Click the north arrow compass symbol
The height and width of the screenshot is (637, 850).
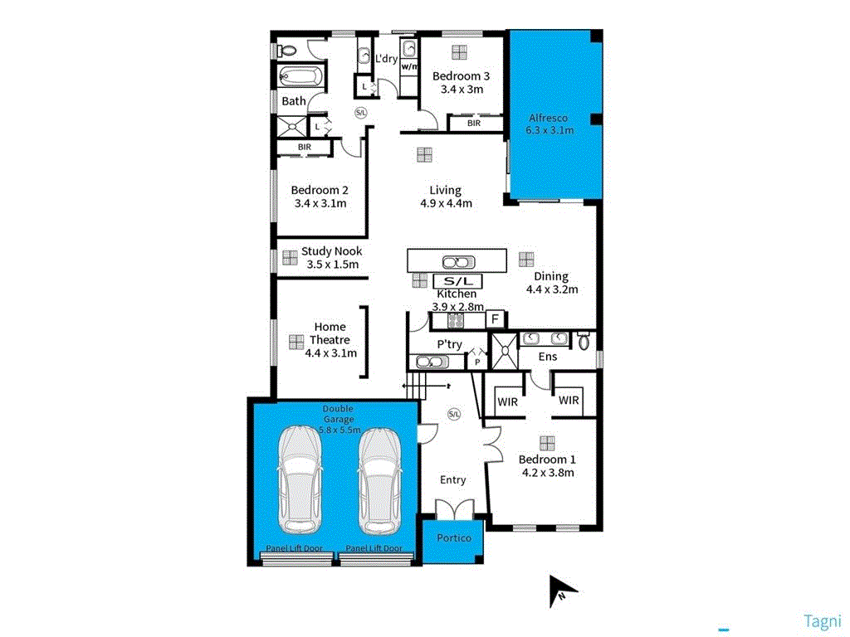[x=562, y=591]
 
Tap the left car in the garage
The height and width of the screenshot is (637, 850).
[x=300, y=480]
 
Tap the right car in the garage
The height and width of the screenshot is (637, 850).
[x=379, y=480]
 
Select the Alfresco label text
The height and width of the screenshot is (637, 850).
[x=547, y=119]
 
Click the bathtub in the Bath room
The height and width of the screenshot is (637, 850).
[x=300, y=79]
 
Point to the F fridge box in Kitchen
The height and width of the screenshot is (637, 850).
[x=495, y=318]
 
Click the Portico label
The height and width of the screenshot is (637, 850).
[x=453, y=538]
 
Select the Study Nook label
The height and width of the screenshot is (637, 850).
[x=331, y=251]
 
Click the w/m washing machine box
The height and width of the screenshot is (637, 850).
[x=409, y=66]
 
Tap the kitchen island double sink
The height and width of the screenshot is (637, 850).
[x=457, y=261]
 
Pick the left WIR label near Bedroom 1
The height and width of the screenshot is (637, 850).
[x=507, y=401]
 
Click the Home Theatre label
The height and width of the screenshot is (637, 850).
[x=330, y=333]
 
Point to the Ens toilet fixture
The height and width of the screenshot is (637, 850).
[x=584, y=340]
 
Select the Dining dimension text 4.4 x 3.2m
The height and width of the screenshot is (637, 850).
[x=551, y=289]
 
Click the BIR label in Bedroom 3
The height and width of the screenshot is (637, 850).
[x=474, y=124]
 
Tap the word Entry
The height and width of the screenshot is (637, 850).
[x=452, y=479]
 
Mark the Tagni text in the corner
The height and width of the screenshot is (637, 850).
[x=823, y=620]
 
